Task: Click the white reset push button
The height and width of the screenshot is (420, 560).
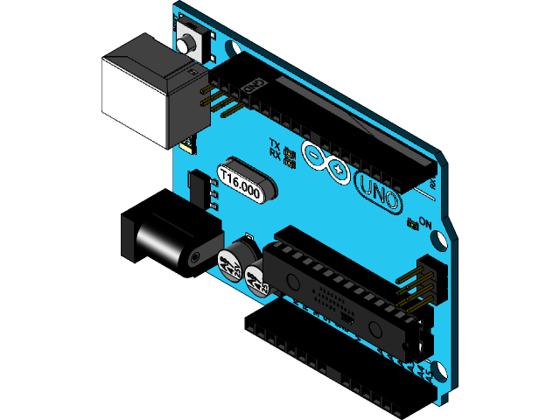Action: click(x=186, y=38)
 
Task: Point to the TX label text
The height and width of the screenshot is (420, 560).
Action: click(x=274, y=144)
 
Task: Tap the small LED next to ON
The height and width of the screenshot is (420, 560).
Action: click(x=413, y=221)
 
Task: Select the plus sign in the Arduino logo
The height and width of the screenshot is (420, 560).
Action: click(x=338, y=166)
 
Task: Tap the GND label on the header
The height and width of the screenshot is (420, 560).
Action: click(x=253, y=87)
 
